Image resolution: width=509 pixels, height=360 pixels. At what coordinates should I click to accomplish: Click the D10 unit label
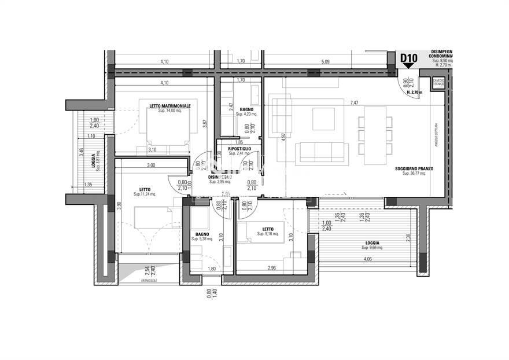pos(409,58)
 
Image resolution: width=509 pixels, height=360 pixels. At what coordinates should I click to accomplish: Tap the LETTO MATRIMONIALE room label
pos(168,105)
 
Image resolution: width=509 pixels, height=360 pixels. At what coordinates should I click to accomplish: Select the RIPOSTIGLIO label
pos(239,149)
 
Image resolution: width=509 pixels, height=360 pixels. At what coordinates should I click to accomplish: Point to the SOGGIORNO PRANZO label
pos(414,169)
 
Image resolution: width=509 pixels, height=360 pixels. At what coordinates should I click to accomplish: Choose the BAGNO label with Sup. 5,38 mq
pos(202,234)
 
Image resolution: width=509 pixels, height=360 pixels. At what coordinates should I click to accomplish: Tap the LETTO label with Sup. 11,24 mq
pos(145,189)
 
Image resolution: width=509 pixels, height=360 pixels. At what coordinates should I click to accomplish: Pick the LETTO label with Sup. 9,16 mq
pos(268,230)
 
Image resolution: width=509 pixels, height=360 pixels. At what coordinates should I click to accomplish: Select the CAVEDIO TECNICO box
pos(438,83)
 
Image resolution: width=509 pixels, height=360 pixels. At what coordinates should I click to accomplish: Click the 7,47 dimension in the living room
pos(355,102)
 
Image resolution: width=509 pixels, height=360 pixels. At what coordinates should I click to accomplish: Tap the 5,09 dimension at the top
pos(324,62)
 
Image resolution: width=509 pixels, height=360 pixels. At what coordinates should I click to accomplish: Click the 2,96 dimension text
pos(272,268)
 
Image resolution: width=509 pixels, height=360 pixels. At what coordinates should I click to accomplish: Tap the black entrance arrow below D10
pos(409,65)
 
